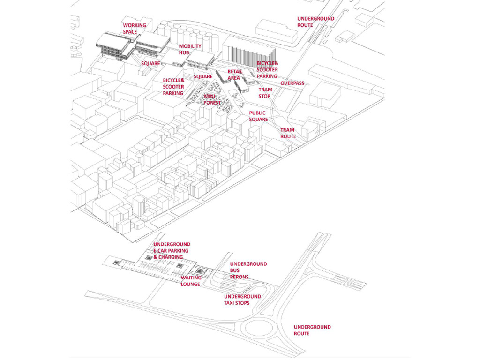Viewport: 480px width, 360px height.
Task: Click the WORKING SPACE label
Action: pyautogui.click(x=135, y=29)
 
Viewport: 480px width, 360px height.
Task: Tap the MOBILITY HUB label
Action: pyautogui.click(x=190, y=49)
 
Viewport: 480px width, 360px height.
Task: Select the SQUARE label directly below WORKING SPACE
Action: pyautogui.click(x=150, y=63)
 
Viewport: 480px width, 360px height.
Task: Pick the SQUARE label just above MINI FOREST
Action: pyautogui.click(x=203, y=76)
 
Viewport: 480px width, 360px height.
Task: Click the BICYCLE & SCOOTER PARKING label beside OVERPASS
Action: pyautogui.click(x=267, y=69)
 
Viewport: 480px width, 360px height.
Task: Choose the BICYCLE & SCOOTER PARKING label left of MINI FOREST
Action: pyautogui.click(x=173, y=87)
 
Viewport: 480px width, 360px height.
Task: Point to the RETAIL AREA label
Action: pyautogui.click(x=234, y=75)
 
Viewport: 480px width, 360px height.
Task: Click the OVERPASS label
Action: pyautogui.click(x=292, y=83)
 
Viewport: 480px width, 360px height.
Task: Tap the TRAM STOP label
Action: pyautogui.click(x=265, y=92)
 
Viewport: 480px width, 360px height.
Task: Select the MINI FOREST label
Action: pyautogui.click(x=212, y=99)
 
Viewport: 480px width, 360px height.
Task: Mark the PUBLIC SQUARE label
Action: pyautogui.click(x=258, y=116)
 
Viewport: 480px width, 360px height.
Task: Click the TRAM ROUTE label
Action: pyautogui.click(x=288, y=133)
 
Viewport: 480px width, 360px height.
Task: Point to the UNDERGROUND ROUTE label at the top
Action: pyautogui.click(x=315, y=22)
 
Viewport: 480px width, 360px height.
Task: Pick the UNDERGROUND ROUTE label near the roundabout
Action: pyautogui.click(x=312, y=330)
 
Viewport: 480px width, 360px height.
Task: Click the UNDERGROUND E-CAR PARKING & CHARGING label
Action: pyautogui.click(x=172, y=251)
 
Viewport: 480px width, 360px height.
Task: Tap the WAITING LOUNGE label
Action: pyautogui.click(x=191, y=281)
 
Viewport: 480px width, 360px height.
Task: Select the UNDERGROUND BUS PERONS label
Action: pyautogui.click(x=248, y=270)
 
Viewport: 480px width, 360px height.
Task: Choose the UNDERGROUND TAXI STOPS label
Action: pyautogui.click(x=242, y=300)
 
